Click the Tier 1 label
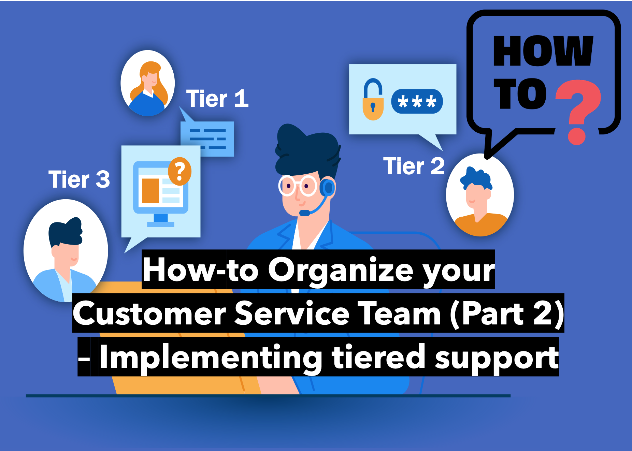point(217,99)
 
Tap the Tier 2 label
point(414,166)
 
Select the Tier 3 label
point(79,179)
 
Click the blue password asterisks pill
point(417,101)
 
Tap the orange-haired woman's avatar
point(148,83)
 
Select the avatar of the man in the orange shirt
point(480,195)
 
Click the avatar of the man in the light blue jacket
point(66,251)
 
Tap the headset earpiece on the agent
point(327,187)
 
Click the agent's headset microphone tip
point(304,213)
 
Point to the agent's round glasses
point(298,186)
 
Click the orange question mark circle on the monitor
point(180,171)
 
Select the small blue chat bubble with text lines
point(207,135)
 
